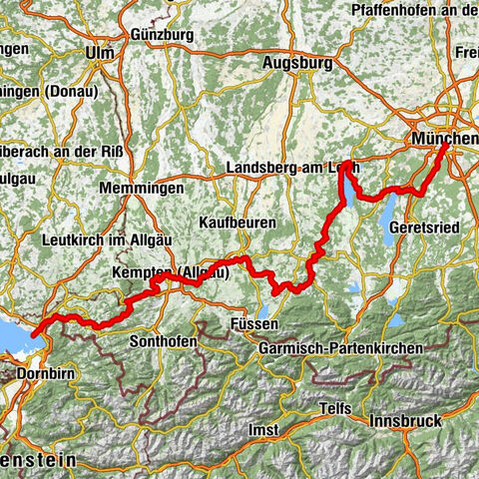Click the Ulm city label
pos(99,53)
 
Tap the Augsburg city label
pos(296,63)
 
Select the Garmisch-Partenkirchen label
pos(339,347)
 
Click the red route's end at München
pos(444,146)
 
